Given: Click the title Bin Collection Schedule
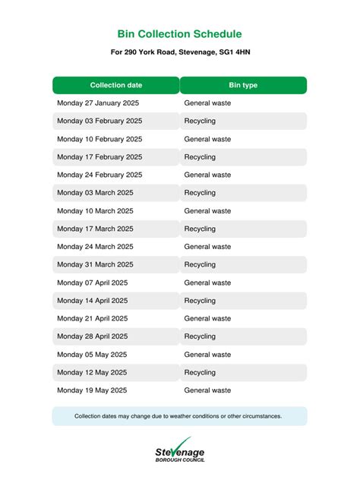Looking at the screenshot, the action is coord(180,34).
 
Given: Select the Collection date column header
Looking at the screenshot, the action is coord(115,85).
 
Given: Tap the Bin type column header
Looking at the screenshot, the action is coord(243,85).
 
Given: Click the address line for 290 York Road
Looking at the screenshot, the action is coord(180,52).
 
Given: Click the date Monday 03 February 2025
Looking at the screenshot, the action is coord(99,122).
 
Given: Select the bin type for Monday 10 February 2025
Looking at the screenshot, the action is coord(207,139).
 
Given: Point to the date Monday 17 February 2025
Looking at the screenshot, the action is coord(99,157).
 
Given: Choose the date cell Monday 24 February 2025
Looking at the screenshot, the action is coord(99,175).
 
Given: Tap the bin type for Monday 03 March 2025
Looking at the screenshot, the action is coord(200,193).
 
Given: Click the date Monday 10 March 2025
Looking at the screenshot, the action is coord(95,211).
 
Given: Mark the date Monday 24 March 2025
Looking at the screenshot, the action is coord(95,247).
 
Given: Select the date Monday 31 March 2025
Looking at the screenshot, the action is coord(95,264).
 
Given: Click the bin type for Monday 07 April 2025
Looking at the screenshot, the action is coord(207,283).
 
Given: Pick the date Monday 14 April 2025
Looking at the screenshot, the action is coord(93,301).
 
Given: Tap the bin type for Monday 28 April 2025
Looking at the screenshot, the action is coord(200,336).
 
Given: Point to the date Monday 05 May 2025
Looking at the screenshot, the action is coord(92,355).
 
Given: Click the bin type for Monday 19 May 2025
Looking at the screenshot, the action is coord(207,390).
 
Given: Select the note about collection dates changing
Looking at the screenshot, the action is coord(180,416).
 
